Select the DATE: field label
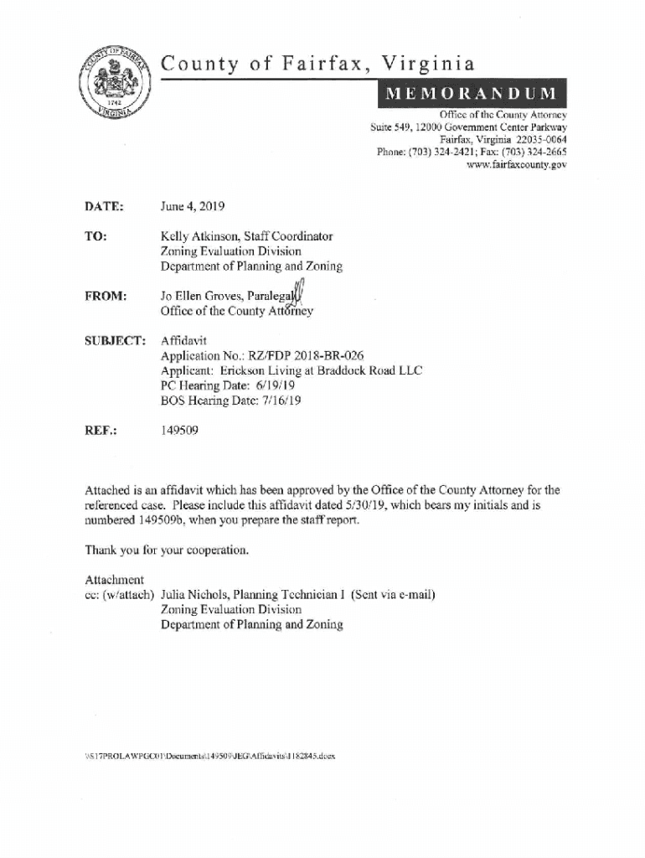104,206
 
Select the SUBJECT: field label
115,341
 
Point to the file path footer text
210,755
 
